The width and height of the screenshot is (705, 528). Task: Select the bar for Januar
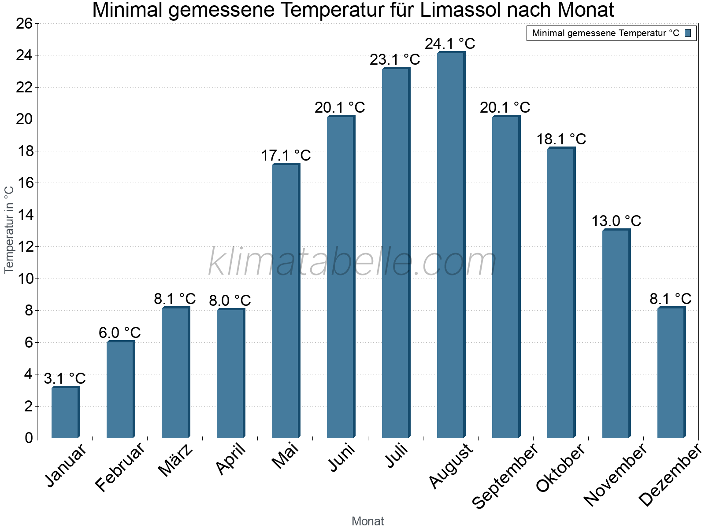click(x=65, y=413)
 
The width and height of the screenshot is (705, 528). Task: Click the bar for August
click(x=451, y=245)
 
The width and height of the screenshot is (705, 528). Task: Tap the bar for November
click(x=616, y=334)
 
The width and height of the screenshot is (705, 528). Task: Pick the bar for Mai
click(x=286, y=301)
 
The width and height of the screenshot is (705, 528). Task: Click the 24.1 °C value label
click(x=450, y=44)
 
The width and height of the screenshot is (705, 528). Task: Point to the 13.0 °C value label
click(x=616, y=221)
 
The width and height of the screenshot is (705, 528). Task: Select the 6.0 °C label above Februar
click(x=120, y=333)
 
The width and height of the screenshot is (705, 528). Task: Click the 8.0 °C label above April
click(x=230, y=301)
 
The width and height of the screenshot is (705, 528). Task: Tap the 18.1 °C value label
click(x=561, y=139)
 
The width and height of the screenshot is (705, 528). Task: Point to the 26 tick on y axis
click(x=24, y=23)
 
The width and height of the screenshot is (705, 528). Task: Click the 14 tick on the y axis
click(x=24, y=215)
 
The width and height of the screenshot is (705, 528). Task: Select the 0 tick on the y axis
click(x=29, y=438)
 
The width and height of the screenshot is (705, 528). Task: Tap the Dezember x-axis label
click(x=670, y=475)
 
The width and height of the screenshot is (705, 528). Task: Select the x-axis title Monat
click(x=367, y=521)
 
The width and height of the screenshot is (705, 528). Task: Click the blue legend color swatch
click(x=688, y=33)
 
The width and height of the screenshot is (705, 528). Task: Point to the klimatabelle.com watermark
click(x=352, y=262)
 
